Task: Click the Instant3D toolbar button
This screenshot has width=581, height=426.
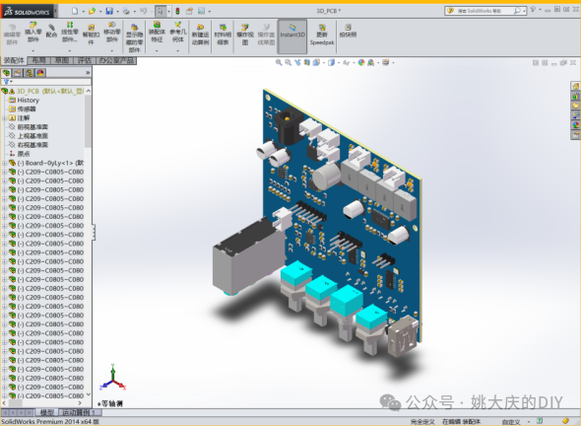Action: click(x=292, y=34)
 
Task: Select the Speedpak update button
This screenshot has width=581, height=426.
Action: click(x=322, y=35)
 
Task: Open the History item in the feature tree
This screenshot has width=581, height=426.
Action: click(x=28, y=100)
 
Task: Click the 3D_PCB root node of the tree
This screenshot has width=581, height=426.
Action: click(x=43, y=91)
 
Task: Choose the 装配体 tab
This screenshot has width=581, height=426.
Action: click(x=14, y=60)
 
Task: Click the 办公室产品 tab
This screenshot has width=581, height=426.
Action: click(x=116, y=60)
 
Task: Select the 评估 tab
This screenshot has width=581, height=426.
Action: click(x=84, y=60)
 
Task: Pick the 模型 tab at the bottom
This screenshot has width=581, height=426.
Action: click(x=47, y=412)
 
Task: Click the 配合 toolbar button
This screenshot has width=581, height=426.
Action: click(x=51, y=34)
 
